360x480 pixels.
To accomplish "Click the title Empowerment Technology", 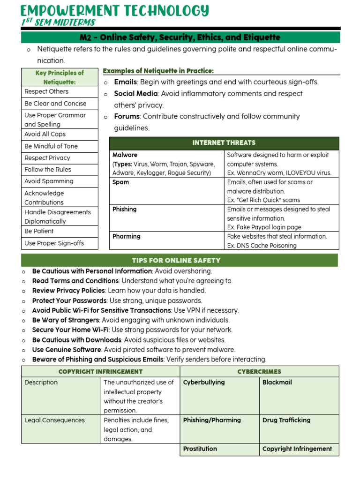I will coord(115,10).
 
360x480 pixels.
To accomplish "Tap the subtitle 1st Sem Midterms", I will coord(58,22).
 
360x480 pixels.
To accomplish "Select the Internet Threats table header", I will coord(224,143).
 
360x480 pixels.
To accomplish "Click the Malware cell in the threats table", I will coord(125,155).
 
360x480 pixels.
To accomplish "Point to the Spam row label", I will coord(121,182).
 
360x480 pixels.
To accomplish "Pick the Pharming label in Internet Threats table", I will coord(127,237).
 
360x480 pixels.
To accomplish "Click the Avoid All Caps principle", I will coord(45,134).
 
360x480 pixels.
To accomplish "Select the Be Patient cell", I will coord(39,231).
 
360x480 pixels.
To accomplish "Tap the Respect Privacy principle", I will coord(47,158).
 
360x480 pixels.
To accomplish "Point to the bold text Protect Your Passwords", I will coord(69,300).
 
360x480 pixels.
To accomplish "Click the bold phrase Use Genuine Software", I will coord(67,350).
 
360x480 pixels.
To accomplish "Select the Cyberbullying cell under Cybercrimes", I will coord(204,382).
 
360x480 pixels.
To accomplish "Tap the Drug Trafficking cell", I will coord(286,420).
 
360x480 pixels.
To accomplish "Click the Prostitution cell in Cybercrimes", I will coord(200,449).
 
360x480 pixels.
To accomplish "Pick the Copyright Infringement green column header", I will coord(100,372).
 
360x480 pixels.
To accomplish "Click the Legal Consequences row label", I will coord(55,420).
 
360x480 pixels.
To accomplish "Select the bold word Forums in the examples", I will coord(127,117).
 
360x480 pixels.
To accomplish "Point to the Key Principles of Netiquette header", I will coord(60,77).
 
